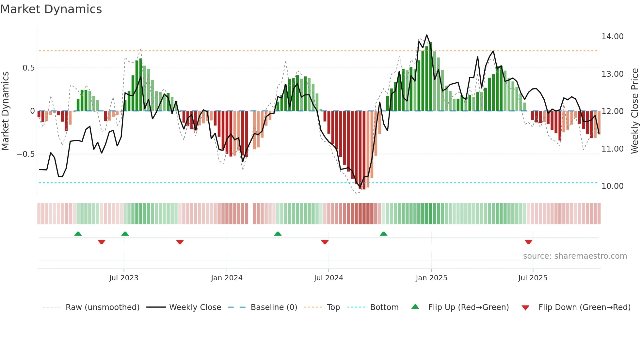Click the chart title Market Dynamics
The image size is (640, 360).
click(51, 9)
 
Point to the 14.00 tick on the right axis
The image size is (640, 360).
click(612, 37)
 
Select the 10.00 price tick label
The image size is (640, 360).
click(612, 186)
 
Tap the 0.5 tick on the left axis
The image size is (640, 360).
click(28, 68)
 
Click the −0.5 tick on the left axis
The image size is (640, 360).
click(25, 154)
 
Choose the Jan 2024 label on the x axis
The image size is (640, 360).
click(227, 278)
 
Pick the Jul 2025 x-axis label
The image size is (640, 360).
click(533, 278)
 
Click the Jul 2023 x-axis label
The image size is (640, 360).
click(124, 278)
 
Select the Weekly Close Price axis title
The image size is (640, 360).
click(634, 111)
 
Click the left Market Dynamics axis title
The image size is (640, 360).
click(5, 111)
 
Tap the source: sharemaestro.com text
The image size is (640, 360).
click(575, 256)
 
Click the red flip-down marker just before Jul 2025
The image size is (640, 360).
click(528, 242)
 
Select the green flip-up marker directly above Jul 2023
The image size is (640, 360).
click(125, 234)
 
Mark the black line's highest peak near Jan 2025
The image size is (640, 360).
click(426, 35)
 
